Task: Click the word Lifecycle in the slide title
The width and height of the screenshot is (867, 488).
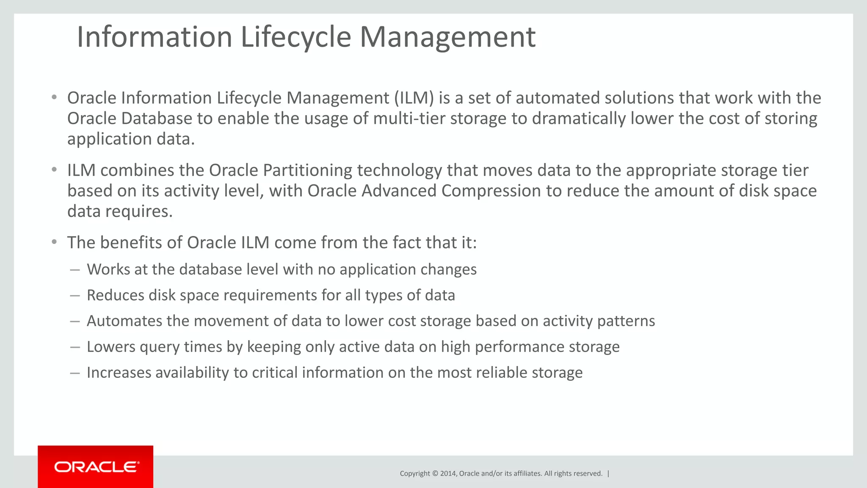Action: tap(295, 37)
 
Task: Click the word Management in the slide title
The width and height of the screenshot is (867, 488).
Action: tap(447, 37)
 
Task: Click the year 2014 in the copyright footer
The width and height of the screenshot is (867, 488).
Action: tap(448, 474)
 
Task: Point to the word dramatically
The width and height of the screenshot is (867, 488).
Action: tap(578, 119)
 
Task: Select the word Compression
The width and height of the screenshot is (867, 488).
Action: tap(491, 191)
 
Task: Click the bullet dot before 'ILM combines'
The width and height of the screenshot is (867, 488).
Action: tap(54, 170)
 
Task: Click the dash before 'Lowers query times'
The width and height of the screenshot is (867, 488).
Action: tap(75, 347)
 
